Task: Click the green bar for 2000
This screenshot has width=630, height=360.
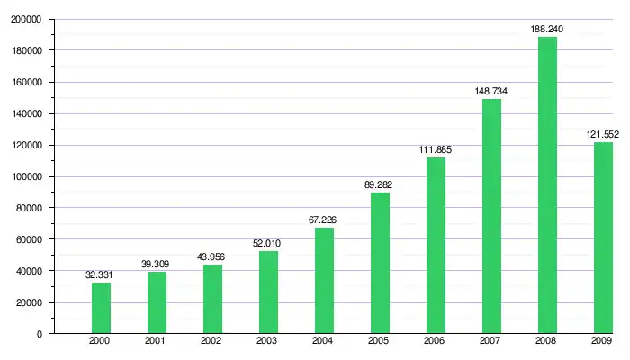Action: (x=101, y=308)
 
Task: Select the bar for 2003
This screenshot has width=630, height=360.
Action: (x=268, y=292)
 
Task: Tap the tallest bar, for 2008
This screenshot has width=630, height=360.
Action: (x=547, y=184)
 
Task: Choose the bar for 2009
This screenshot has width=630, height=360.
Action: (x=603, y=238)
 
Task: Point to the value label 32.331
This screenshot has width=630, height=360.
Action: (x=101, y=274)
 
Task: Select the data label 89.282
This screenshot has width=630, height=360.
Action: (x=380, y=184)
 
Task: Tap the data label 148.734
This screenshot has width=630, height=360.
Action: (x=491, y=91)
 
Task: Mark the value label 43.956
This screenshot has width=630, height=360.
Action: (x=212, y=256)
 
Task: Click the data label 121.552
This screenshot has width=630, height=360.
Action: (x=602, y=134)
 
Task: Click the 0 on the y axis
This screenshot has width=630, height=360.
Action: (x=39, y=334)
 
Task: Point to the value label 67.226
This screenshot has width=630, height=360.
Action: (x=324, y=220)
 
